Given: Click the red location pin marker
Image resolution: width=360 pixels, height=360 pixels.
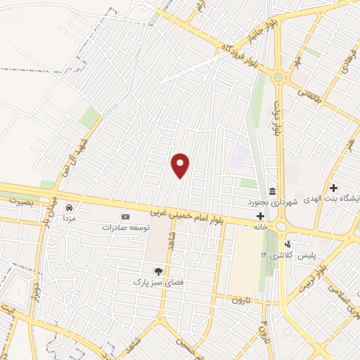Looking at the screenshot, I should tap(181, 165).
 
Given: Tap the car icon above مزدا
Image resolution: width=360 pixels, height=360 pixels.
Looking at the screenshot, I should tap(69, 208).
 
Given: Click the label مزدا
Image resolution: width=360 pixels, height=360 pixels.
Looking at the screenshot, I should tap(69, 219).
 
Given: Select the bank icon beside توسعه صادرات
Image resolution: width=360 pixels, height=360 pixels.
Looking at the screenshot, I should tap(126, 217).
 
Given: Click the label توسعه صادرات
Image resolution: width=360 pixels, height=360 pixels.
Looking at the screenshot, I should tap(127, 227).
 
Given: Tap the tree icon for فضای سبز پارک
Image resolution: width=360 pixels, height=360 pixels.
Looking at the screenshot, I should tap(157, 271).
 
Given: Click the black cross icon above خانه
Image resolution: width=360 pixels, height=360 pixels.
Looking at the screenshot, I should tap(261, 216).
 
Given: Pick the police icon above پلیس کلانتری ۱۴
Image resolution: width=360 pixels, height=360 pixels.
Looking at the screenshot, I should tap(288, 243).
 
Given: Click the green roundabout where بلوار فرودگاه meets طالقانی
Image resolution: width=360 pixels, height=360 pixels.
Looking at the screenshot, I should tap(278, 77).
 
